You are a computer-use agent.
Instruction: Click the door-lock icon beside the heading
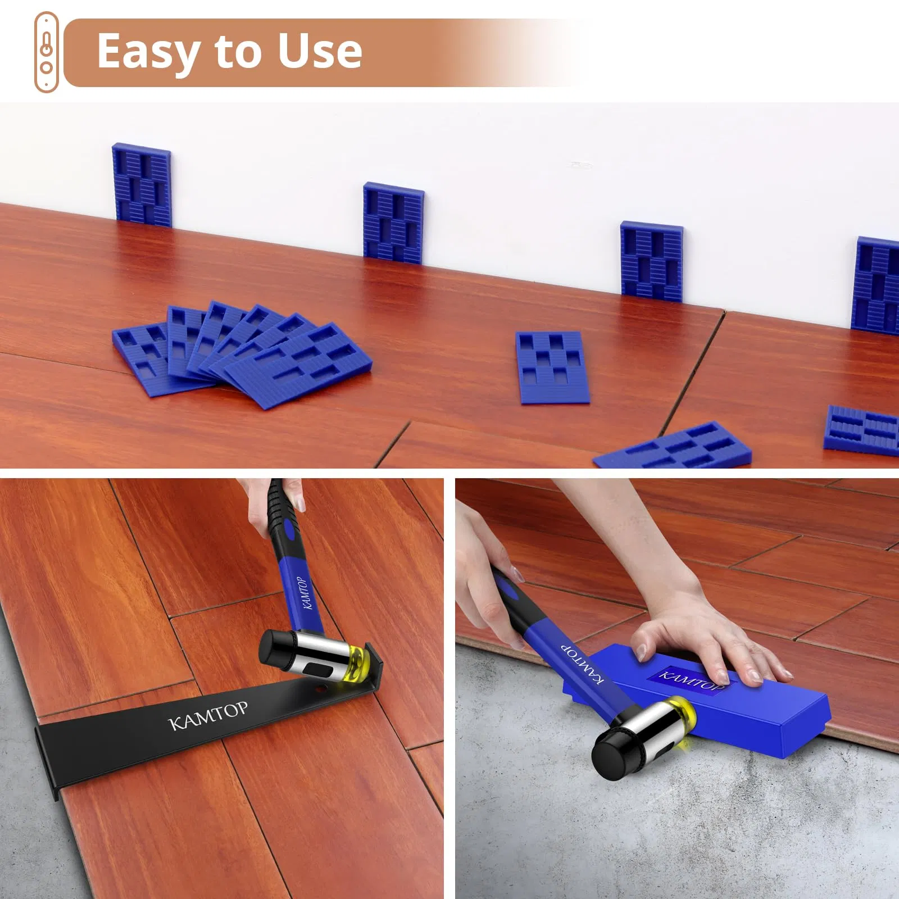pos(46,52)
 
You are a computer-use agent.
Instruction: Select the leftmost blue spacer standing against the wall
pos(142,185)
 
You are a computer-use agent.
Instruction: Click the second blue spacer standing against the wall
pos(393,223)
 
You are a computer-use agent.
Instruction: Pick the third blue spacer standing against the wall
pos(651,261)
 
